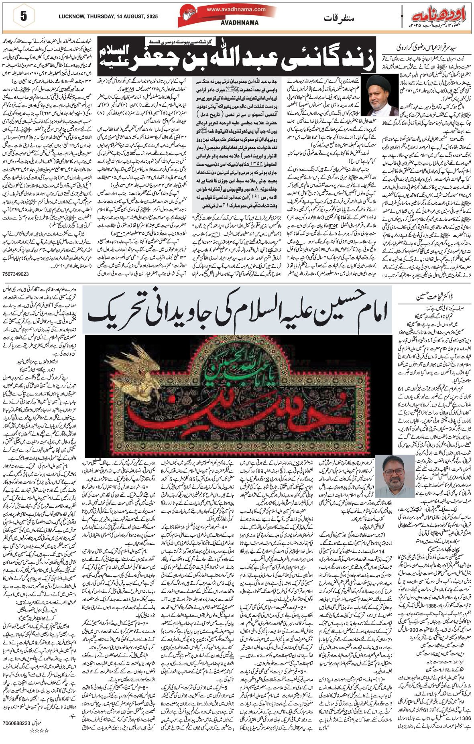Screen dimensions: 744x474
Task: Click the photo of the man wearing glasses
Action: pos(397,477)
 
